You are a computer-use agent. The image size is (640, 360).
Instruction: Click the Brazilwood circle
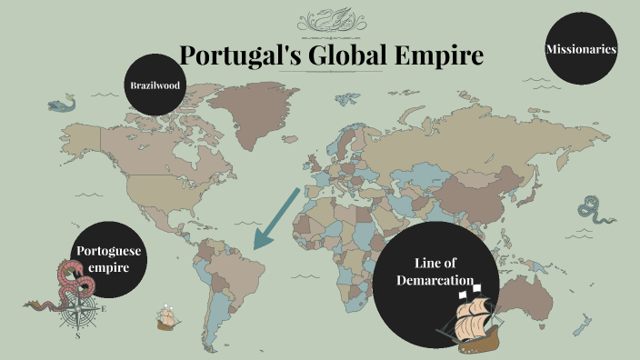click(x=154, y=85)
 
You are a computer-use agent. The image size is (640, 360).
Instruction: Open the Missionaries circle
click(x=582, y=49)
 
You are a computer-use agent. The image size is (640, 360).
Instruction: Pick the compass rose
click(x=80, y=313)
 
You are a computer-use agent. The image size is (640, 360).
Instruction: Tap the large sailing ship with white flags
click(x=475, y=320)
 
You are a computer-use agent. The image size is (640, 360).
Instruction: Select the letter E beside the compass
click(x=104, y=309)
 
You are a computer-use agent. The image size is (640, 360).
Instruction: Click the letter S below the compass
click(x=78, y=335)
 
